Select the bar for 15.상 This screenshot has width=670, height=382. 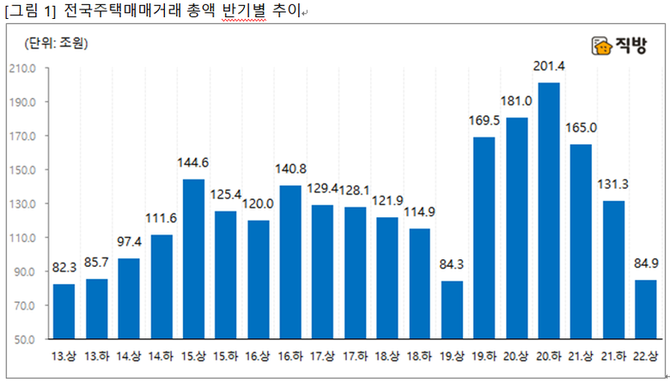coord(193,259)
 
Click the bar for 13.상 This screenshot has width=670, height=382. coord(64,311)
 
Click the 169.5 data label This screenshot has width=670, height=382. coord(484,122)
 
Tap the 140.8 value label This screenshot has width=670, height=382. coord(290,170)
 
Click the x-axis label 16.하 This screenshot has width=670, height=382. coord(290,355)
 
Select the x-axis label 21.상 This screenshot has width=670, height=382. coord(581,355)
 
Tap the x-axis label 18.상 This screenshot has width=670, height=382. coord(387,355)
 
